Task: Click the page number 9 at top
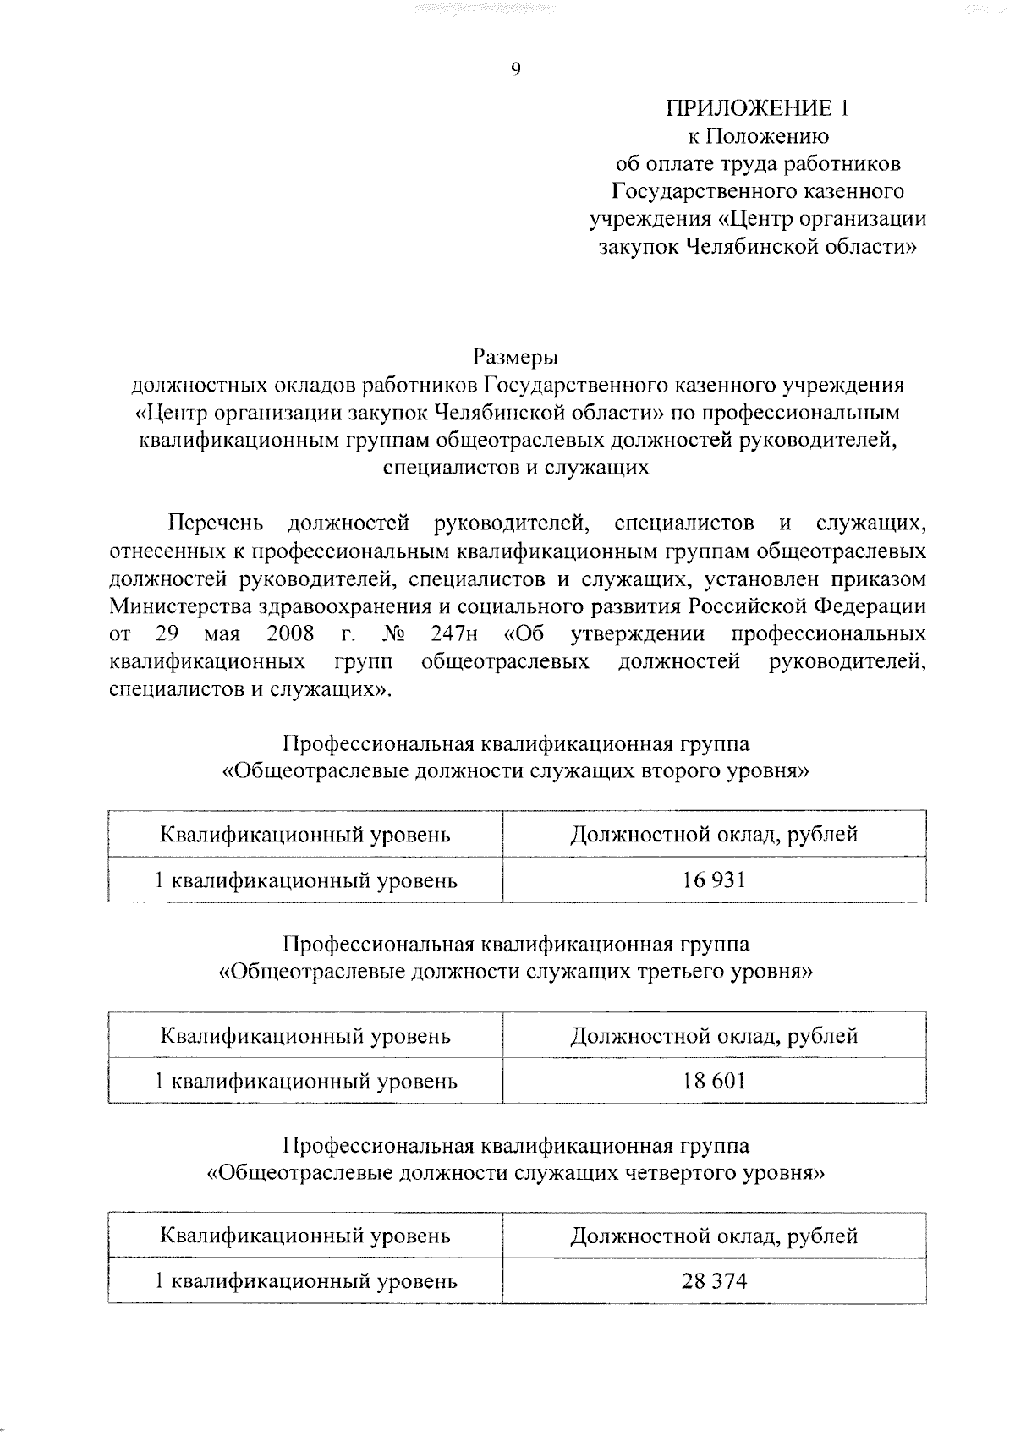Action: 515,70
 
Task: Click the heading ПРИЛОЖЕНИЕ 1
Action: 756,108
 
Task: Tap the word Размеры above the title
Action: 515,356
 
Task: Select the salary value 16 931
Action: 714,880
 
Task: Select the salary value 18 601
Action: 714,1081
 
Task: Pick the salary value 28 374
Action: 714,1281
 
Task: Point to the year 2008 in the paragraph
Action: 290,633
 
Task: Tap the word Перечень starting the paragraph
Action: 217,524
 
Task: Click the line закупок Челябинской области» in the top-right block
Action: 756,247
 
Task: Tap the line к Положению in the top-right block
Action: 756,136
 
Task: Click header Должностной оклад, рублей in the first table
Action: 714,835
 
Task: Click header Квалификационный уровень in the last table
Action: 305,1236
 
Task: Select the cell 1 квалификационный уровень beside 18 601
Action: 305,1081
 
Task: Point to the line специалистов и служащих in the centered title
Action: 515,468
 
